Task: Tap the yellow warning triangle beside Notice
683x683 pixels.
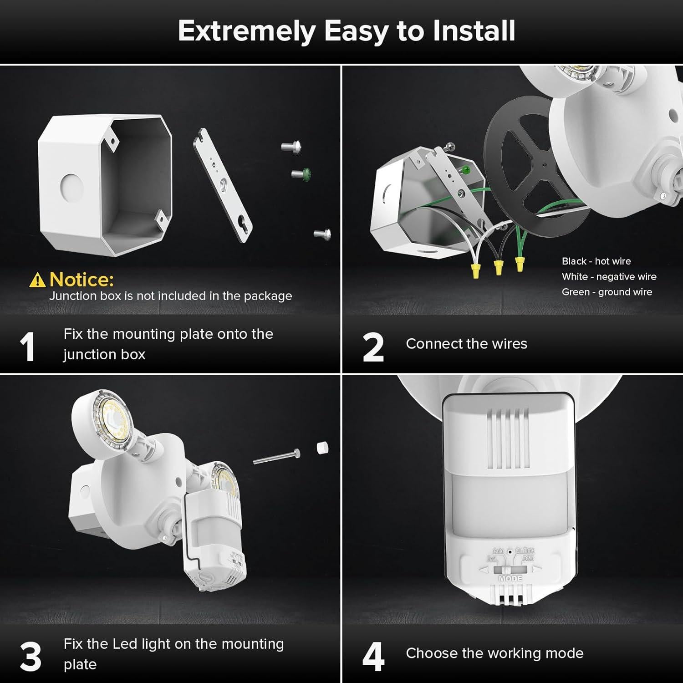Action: click(x=37, y=280)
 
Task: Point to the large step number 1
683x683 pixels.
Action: click(x=27, y=347)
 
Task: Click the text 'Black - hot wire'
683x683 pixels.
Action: click(x=596, y=261)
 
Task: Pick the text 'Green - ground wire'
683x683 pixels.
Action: click(x=607, y=292)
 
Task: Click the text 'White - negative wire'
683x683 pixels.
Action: click(x=609, y=277)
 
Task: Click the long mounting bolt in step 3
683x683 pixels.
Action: click(x=276, y=457)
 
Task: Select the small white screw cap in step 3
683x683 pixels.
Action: click(x=322, y=448)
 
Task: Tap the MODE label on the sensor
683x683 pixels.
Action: click(x=510, y=578)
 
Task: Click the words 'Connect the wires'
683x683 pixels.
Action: click(x=466, y=344)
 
